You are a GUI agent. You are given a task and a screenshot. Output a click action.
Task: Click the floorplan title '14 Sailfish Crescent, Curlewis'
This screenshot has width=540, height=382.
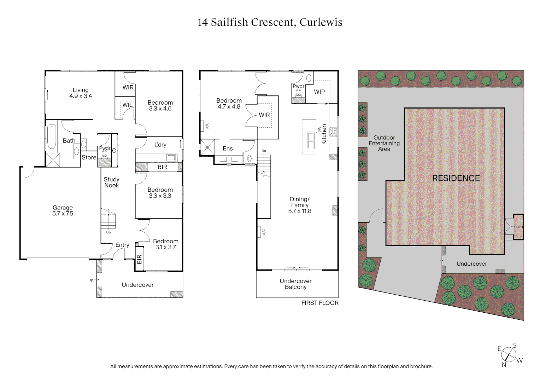[270, 22]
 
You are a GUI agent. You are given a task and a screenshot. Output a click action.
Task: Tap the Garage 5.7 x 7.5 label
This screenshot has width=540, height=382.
[63, 210]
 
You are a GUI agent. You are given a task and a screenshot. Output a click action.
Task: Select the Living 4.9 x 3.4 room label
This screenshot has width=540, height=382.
[81, 93]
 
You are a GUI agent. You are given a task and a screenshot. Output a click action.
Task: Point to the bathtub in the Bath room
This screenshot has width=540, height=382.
[52, 137]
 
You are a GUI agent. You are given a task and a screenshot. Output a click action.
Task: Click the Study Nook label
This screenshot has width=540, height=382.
[111, 183]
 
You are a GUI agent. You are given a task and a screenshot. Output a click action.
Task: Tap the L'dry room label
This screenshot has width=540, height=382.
[160, 145]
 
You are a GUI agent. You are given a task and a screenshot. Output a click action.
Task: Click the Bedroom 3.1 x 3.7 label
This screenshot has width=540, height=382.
[165, 244]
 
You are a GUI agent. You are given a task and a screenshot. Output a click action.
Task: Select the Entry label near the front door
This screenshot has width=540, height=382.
[122, 245]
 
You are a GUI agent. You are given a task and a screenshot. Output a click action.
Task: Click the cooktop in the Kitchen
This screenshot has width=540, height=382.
[333, 132]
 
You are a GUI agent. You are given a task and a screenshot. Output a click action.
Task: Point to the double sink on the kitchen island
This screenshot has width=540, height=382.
[311, 140]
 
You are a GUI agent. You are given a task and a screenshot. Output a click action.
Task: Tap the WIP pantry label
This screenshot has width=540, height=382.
[319, 92]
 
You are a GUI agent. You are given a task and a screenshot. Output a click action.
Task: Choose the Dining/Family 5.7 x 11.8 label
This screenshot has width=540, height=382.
[300, 205]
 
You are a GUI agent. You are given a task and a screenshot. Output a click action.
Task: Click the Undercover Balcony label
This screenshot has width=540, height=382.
[295, 284]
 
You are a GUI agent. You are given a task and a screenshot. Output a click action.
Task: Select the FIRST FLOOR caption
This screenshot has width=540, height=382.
[319, 303]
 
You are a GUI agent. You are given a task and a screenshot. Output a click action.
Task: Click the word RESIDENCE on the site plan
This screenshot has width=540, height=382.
[456, 179]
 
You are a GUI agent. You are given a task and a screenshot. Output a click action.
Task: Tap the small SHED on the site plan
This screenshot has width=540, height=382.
[518, 227]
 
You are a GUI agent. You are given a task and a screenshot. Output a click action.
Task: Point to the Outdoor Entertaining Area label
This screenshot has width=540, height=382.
[384, 143]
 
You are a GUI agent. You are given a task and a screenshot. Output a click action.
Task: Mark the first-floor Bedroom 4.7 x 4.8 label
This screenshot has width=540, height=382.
[229, 104]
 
